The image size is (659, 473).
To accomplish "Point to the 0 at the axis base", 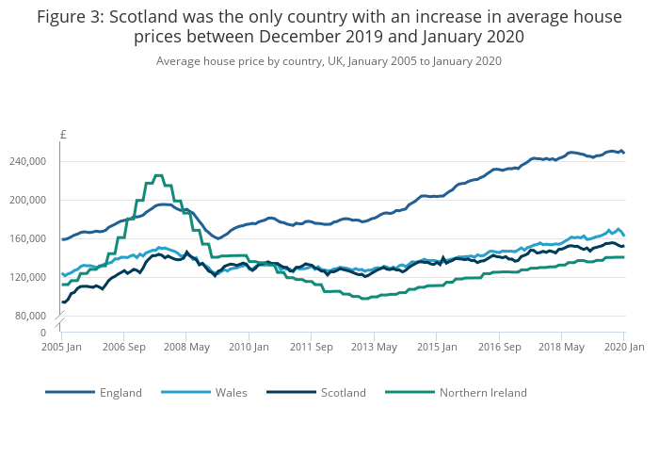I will coord(43,333).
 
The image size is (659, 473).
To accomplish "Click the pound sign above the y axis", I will coord(63,135).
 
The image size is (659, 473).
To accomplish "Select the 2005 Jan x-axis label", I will coord(62,347).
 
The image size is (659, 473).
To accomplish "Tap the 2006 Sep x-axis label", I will coord(124,347).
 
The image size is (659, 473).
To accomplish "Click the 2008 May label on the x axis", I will coord(186,347).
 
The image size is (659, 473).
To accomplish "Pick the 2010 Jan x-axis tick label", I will coord(249,347).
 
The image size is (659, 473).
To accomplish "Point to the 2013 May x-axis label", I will coord(374,347).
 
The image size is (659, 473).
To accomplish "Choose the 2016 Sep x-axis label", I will coord(498,347).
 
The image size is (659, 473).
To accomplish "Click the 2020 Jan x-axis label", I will coord(623,347).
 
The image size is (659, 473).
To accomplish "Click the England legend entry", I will coord(121,393).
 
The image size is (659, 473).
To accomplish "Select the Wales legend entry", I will coord(232,393).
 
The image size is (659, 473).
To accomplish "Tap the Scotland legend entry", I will coord(343,393).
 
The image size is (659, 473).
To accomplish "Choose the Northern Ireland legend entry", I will coord(483,393).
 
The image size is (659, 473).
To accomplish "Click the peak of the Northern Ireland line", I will coord(158,175).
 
